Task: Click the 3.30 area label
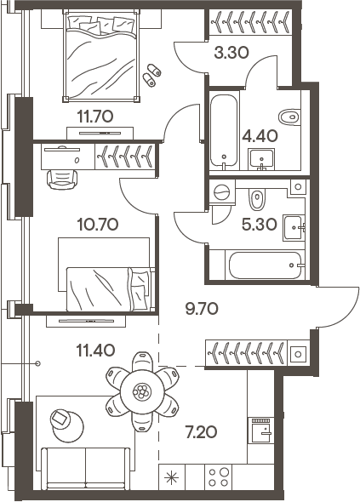pos(231,53)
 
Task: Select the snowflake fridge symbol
pos(173,476)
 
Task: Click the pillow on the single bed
pos(140,282)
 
